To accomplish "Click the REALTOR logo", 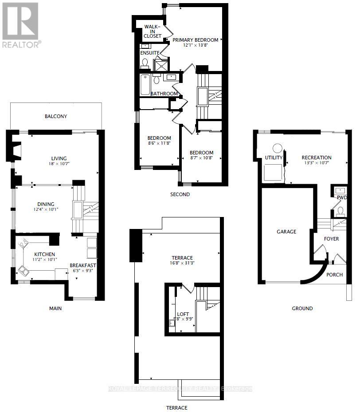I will (21, 24).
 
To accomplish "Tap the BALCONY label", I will (56, 117).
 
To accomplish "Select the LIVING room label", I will (59, 158).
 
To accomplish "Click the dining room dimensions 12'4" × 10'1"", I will (46, 210).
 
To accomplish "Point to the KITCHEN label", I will (44, 254).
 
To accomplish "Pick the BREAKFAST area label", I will (83, 265).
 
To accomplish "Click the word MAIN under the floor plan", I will (55, 308).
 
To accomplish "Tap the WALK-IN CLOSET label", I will (153, 32).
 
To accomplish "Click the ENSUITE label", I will (150, 53).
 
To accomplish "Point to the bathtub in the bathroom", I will (145, 85).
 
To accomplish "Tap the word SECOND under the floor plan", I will (180, 194).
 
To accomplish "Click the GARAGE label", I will (286, 232).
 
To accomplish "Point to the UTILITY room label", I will (274, 158).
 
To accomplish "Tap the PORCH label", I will (335, 275).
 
